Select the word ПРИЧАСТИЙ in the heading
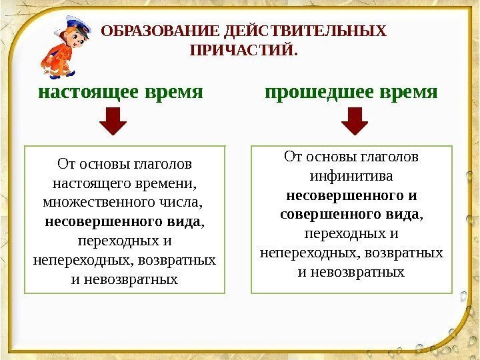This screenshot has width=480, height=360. pos(241,50)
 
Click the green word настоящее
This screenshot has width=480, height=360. pos(87,91)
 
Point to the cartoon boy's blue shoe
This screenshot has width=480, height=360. pos(67,73)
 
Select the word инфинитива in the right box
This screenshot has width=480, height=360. pos(351,177)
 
